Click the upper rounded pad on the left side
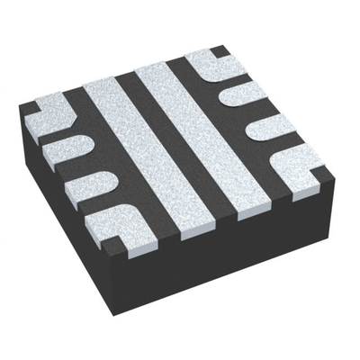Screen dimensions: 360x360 pos(65,148)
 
